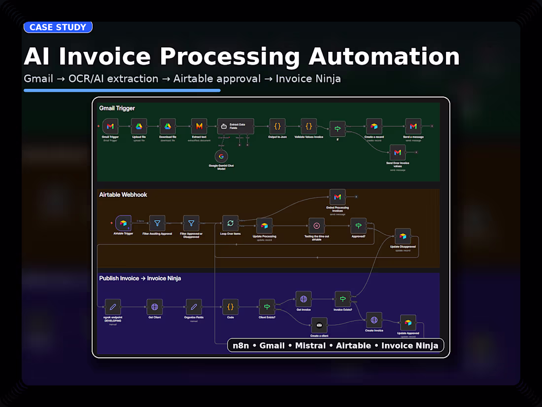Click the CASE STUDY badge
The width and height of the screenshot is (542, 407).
coord(58,27)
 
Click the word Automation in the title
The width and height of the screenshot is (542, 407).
coord(384,56)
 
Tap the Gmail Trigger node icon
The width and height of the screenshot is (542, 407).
coord(110,127)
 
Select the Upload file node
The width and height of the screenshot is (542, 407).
coord(139,127)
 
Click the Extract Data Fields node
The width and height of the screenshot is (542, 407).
coord(236,127)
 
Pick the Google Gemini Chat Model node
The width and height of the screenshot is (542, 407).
coord(221,156)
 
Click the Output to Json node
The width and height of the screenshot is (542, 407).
coord(277,127)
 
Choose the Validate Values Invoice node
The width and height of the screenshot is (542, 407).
coord(309,127)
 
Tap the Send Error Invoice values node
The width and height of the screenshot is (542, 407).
coord(397,152)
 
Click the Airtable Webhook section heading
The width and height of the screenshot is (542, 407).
coord(123,195)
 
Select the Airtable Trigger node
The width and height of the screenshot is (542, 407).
coord(123,223)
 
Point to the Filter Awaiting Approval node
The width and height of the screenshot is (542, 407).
coord(157,223)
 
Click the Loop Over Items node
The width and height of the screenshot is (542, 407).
coord(230,223)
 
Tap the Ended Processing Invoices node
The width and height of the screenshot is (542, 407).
coord(338,197)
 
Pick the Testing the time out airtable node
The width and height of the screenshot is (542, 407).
coord(317,226)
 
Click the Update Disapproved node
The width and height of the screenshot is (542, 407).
coord(403,236)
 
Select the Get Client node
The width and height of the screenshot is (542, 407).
coord(155,307)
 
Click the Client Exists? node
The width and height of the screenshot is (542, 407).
coord(267,307)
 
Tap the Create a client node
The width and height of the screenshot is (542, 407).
coord(319,325)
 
